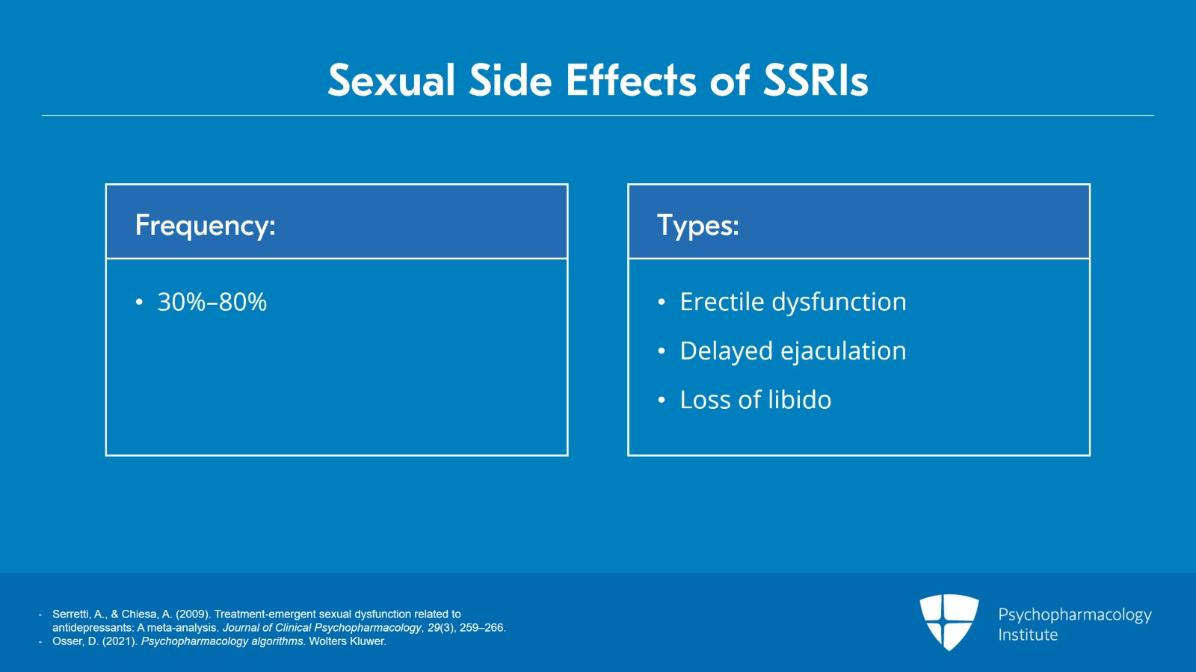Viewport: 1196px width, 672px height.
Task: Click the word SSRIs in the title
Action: pyautogui.click(x=816, y=81)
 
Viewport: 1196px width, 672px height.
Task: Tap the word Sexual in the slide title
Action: pyautogui.click(x=392, y=81)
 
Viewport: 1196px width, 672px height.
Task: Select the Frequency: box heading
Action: pyautogui.click(x=205, y=226)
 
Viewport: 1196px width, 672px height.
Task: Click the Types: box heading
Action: pyautogui.click(x=698, y=226)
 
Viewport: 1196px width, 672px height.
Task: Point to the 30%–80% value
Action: pyautogui.click(x=212, y=302)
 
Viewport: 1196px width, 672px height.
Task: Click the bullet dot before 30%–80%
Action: pyautogui.click(x=139, y=303)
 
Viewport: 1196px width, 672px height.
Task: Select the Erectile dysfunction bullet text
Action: pyautogui.click(x=793, y=302)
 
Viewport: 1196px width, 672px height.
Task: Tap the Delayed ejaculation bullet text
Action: pyautogui.click(x=793, y=351)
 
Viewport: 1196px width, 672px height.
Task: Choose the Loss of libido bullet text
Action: pyautogui.click(x=756, y=400)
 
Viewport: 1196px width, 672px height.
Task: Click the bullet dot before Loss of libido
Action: pyautogui.click(x=662, y=401)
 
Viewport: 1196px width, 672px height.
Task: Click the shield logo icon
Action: pyautogui.click(x=949, y=622)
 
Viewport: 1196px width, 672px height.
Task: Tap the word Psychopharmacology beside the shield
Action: pyautogui.click(x=1075, y=615)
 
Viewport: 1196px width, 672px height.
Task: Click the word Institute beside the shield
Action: pyautogui.click(x=1028, y=635)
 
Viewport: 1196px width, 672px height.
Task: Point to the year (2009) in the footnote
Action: pyautogui.click(x=192, y=614)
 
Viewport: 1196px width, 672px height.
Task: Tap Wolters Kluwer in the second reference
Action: pyautogui.click(x=347, y=641)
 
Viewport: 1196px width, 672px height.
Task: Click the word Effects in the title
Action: pyautogui.click(x=631, y=81)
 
